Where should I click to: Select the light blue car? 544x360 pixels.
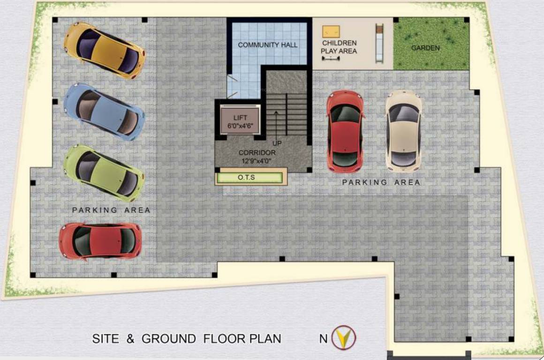click(104, 111)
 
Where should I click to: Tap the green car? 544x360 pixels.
click(104, 171)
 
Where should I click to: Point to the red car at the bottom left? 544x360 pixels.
click(100, 240)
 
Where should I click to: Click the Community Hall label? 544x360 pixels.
click(268, 45)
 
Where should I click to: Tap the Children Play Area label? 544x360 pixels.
click(339, 47)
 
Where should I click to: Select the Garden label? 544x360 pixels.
click(425, 48)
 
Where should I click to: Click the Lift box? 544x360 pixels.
click(240, 120)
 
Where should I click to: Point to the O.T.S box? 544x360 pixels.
click(249, 178)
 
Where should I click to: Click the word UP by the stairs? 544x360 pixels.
click(277, 143)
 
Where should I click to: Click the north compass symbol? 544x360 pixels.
click(344, 337)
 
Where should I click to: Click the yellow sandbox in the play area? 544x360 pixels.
click(331, 31)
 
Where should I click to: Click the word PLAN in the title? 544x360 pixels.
click(265, 338)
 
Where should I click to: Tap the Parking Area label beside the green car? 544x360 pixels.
click(111, 210)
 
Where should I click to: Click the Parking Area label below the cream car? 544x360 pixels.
click(381, 182)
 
